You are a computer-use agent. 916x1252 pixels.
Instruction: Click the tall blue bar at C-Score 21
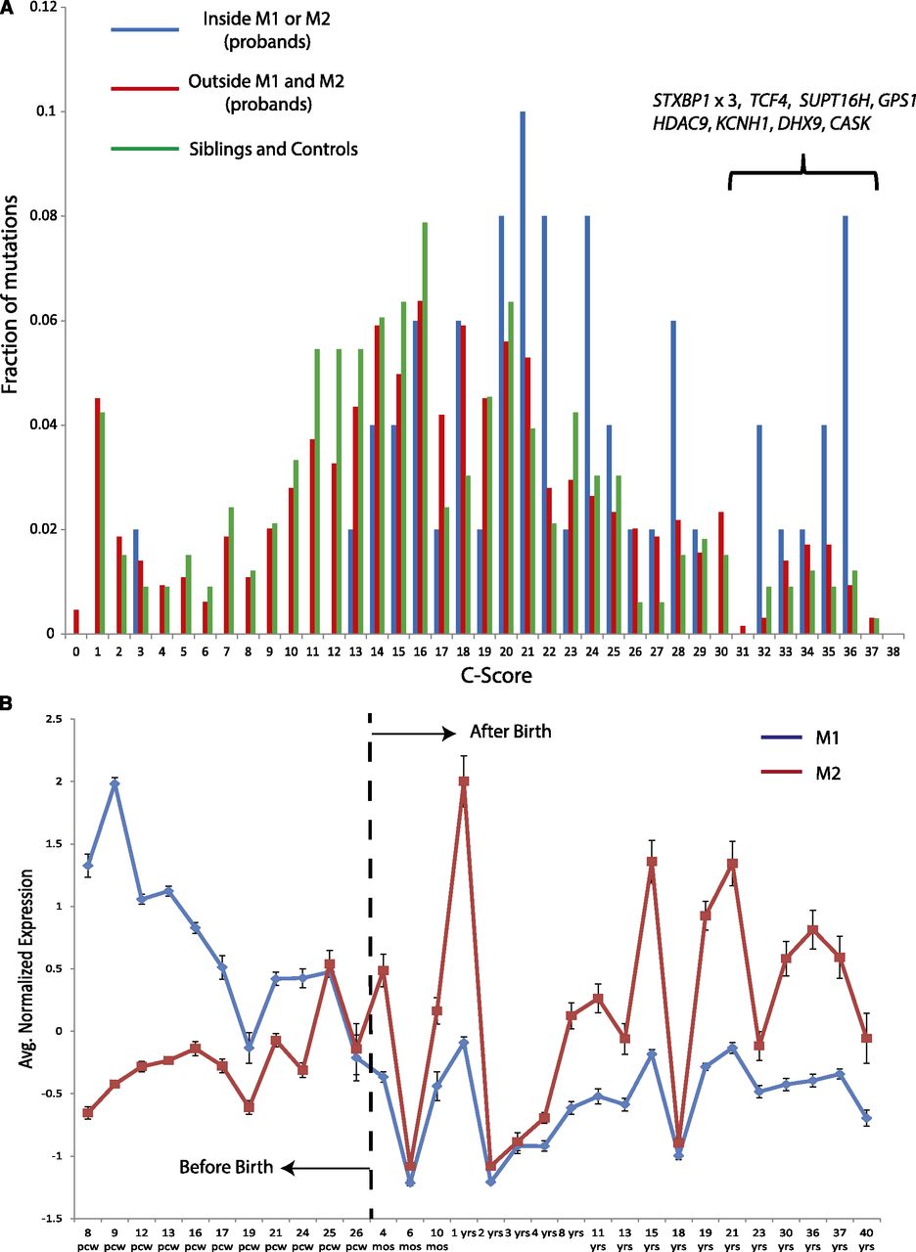523,372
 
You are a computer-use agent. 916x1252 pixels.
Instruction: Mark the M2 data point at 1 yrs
463,782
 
